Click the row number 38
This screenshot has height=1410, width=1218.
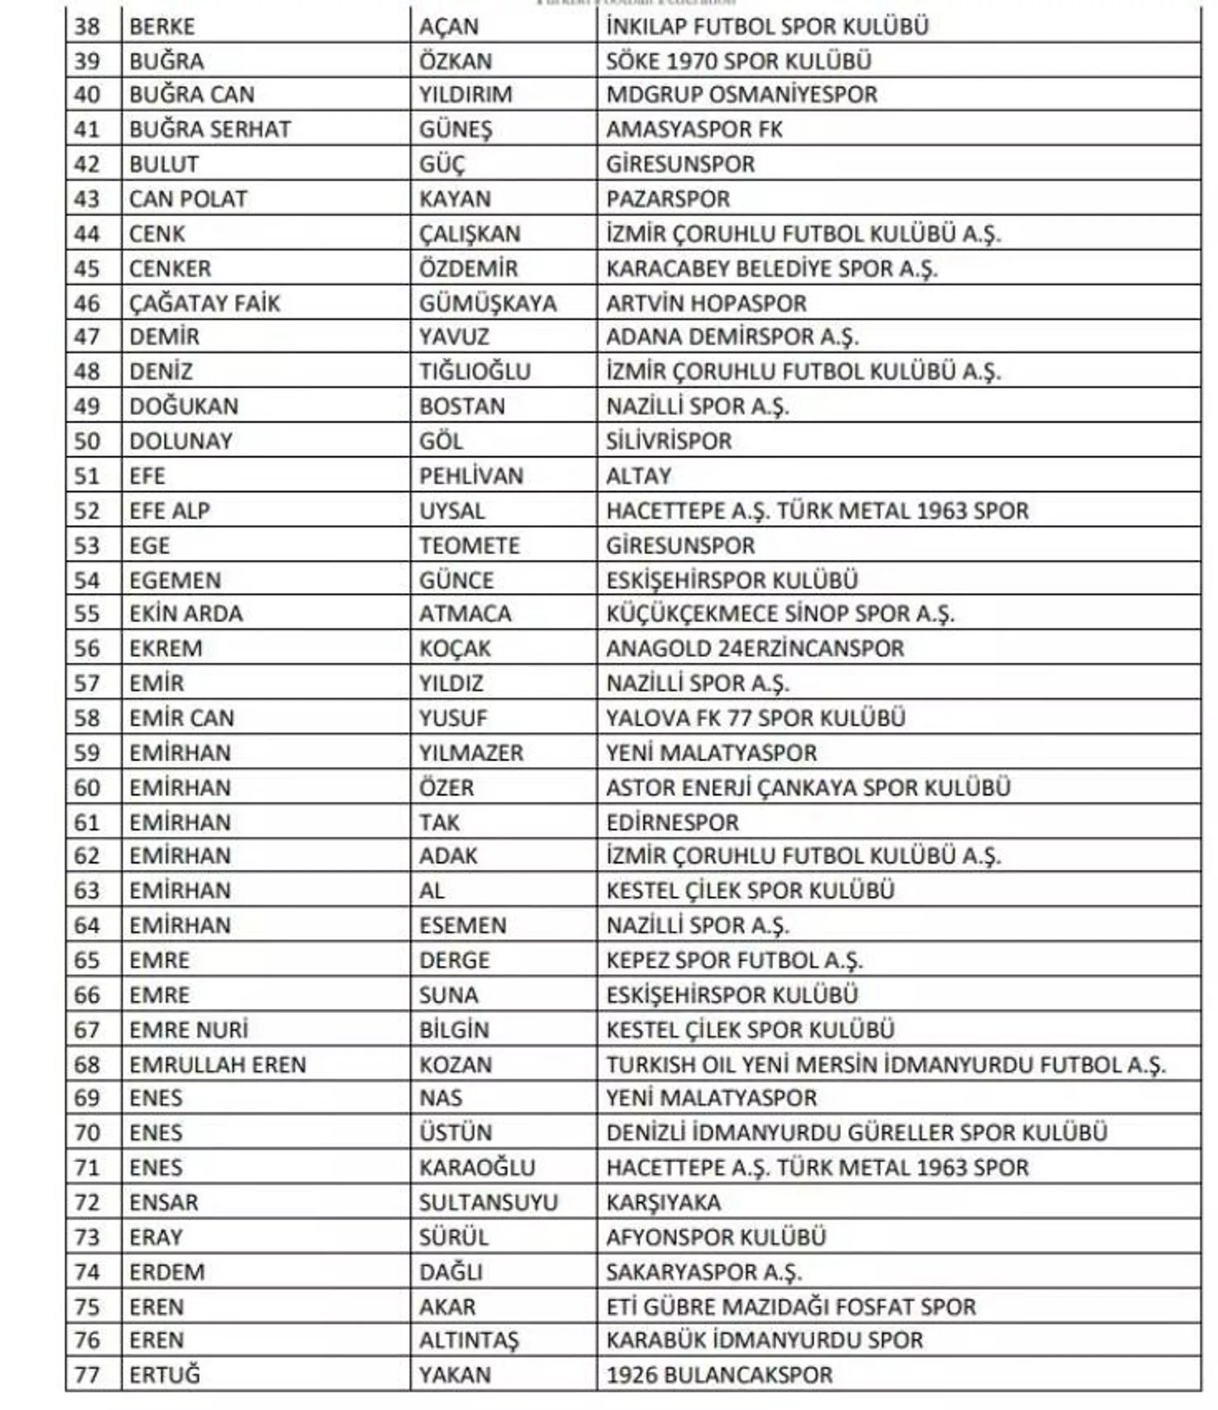[x=87, y=27]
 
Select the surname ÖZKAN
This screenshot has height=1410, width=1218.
[x=455, y=62]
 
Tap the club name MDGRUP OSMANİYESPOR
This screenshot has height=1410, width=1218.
[x=742, y=95]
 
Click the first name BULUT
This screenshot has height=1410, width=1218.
[x=164, y=165]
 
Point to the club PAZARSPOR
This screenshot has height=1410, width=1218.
[x=667, y=199]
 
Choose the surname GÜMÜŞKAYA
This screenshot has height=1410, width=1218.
[x=487, y=304]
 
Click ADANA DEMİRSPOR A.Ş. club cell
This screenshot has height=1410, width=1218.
[x=732, y=337]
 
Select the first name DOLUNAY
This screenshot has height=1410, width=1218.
[x=181, y=441]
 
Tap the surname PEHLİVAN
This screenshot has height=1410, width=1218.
[x=471, y=476]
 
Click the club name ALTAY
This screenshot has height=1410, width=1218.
[x=638, y=476]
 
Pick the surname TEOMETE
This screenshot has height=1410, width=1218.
[x=469, y=545]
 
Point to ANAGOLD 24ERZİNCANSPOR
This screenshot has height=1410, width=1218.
[x=756, y=648]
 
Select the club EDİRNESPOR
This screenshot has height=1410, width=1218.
[x=672, y=823]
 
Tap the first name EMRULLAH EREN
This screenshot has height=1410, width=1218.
[x=218, y=1065]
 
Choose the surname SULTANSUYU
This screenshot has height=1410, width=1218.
[x=488, y=1203]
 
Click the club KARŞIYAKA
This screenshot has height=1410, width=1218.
[x=664, y=1203]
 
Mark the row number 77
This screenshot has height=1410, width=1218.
[x=87, y=1375]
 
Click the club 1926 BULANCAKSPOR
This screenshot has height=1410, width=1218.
[x=719, y=1375]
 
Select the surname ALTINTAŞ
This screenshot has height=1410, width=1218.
[x=469, y=1341]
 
